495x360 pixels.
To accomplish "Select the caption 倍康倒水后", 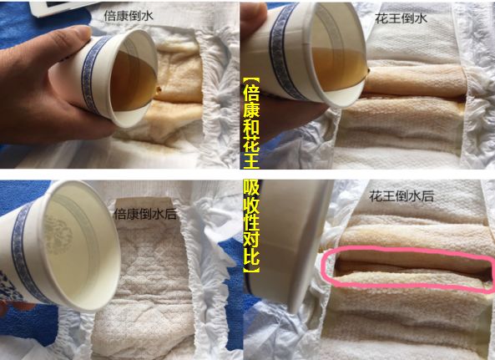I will [x=145, y=214].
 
